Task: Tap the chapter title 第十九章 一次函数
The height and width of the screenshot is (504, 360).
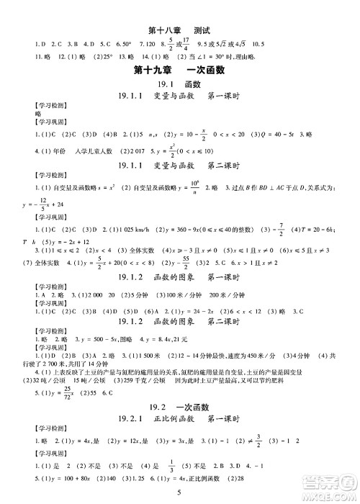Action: coord(179,70)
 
